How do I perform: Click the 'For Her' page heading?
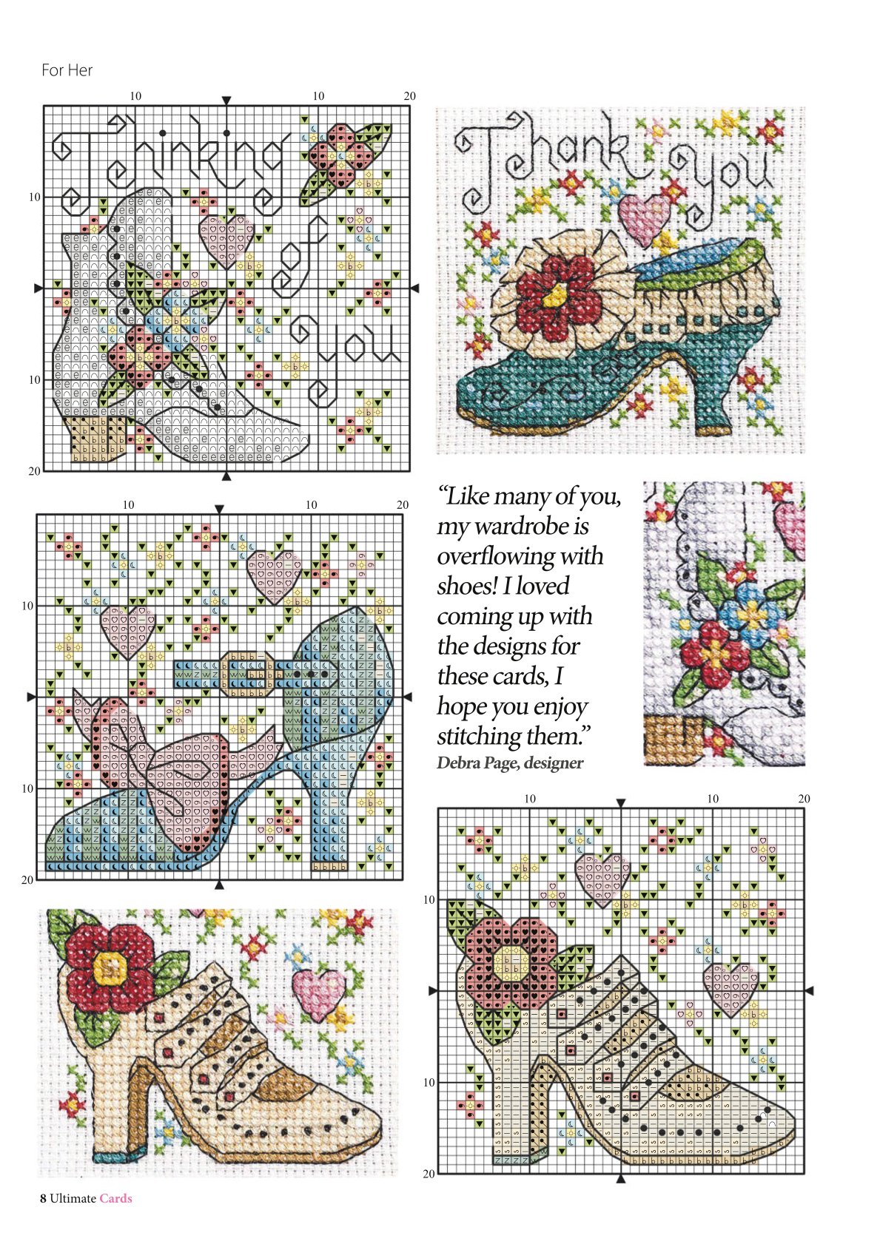coord(67,70)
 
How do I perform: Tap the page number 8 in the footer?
coord(43,1198)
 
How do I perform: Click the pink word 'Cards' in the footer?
coord(115,1198)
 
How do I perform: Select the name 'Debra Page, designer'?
coord(510,763)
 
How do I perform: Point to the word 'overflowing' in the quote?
coord(520,556)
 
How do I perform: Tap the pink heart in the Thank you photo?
coord(645,218)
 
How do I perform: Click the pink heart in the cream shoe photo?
coord(318,994)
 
